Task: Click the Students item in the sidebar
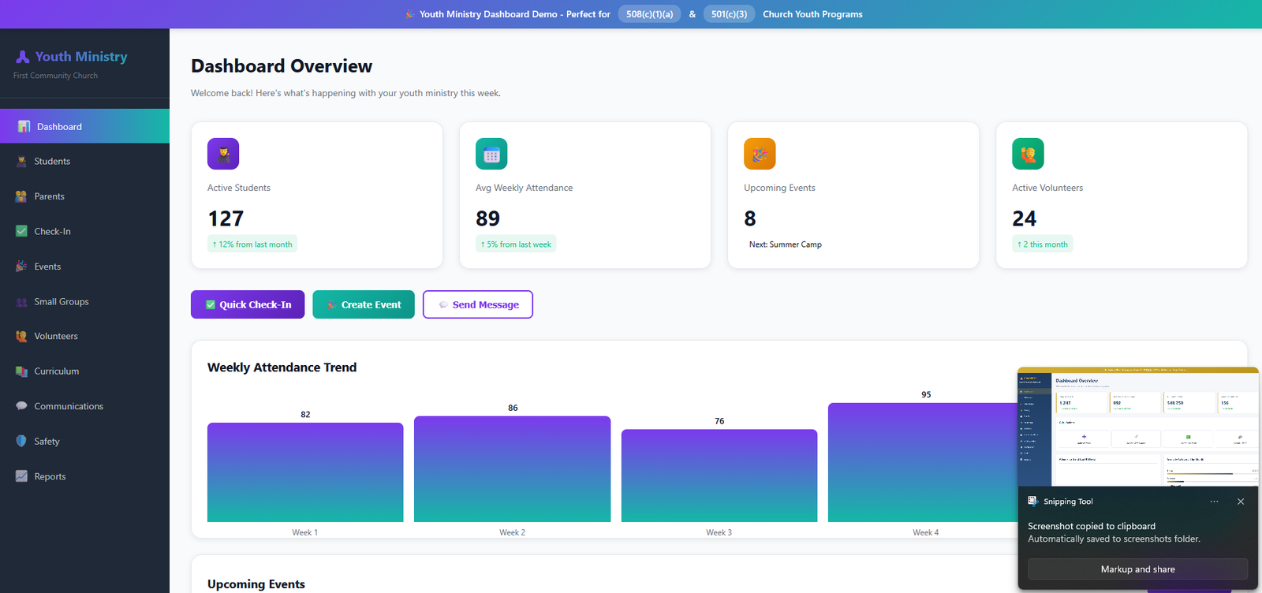coord(52,162)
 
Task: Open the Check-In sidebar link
coord(52,232)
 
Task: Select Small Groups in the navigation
coord(61,302)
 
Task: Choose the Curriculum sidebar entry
coord(56,371)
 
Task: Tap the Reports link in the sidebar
coord(50,477)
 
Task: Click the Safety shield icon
coord(21,442)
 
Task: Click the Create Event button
coord(364,305)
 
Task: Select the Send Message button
coord(478,305)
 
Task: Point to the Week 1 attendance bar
coord(305,472)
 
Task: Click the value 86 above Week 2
coord(513,408)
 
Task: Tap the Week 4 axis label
coord(925,533)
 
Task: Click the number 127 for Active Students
coord(226,218)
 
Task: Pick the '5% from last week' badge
coord(516,244)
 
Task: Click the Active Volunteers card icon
coord(1028,154)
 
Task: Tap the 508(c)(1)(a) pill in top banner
coord(649,14)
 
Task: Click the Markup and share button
coord(1137,569)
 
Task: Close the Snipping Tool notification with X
coord(1241,502)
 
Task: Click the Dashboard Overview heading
coord(282,66)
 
